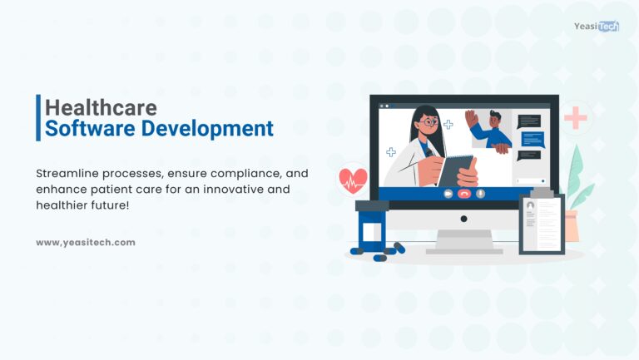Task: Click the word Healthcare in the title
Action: coord(101,107)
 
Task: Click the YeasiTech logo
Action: coord(596,27)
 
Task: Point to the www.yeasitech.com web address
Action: coord(86,242)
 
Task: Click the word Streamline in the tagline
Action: coord(72,173)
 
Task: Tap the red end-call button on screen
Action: coord(464,193)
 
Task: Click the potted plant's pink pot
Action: coord(572,224)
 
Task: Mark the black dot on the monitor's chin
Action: coord(464,219)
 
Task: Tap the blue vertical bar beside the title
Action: coord(38,117)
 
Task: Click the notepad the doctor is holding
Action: coord(453,170)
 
